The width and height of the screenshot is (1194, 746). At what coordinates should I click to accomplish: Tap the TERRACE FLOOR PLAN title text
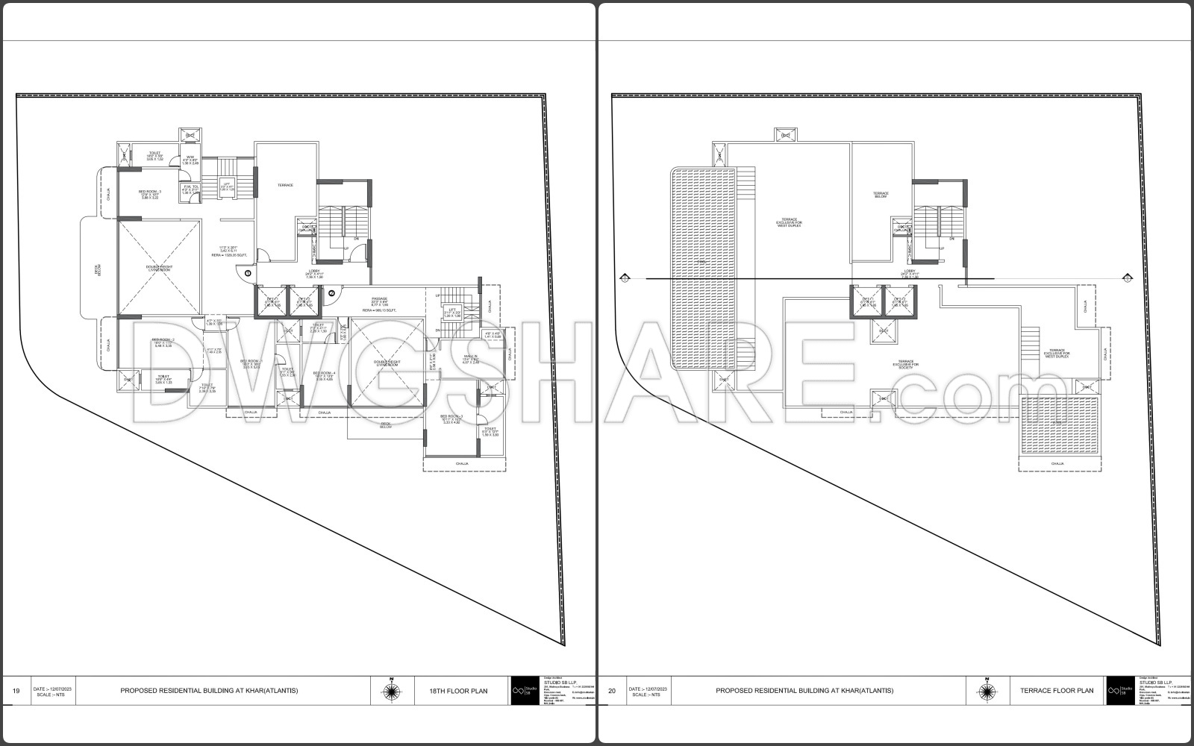pos(1057,691)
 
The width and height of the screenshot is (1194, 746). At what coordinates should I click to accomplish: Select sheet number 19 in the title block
pos(16,691)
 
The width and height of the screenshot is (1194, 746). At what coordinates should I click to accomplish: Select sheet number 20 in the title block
pos(612,691)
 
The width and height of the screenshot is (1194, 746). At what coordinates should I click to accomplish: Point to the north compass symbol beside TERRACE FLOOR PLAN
pos(988,691)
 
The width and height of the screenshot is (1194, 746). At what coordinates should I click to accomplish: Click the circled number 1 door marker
pos(247,274)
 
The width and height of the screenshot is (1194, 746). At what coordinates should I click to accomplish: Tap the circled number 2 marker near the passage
pos(331,292)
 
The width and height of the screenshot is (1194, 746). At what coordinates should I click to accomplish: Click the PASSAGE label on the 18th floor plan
pos(380,300)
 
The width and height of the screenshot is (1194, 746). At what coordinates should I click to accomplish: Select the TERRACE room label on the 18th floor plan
pos(286,185)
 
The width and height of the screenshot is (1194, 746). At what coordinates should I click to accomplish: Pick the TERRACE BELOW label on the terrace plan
pos(881,195)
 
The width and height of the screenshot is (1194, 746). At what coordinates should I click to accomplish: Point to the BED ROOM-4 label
pos(324,373)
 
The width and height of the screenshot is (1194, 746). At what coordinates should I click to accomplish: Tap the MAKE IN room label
pos(470,357)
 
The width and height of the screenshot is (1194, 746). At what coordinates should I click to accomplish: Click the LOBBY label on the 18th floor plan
pos(314,272)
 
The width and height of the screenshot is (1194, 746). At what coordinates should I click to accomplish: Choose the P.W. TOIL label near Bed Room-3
pos(190,188)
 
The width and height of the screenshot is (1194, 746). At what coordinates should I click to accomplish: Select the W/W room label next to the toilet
pos(190,157)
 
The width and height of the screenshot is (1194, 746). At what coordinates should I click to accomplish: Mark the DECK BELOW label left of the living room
pos(98,274)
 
